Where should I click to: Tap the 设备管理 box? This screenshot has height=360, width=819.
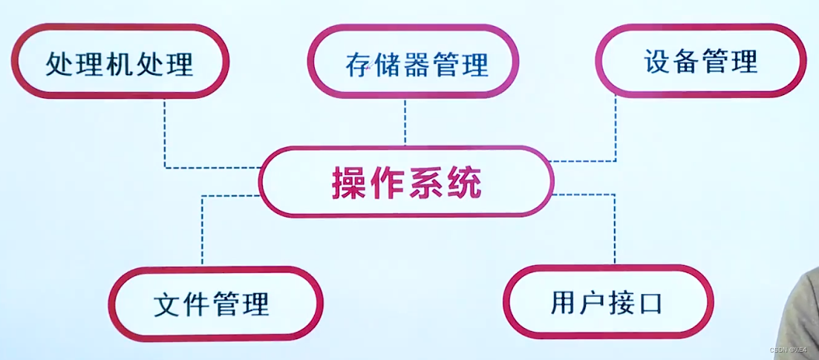click(x=700, y=60)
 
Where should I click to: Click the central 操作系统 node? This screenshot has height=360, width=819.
click(x=406, y=182)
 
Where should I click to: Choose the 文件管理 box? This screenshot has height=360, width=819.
click(x=215, y=304)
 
